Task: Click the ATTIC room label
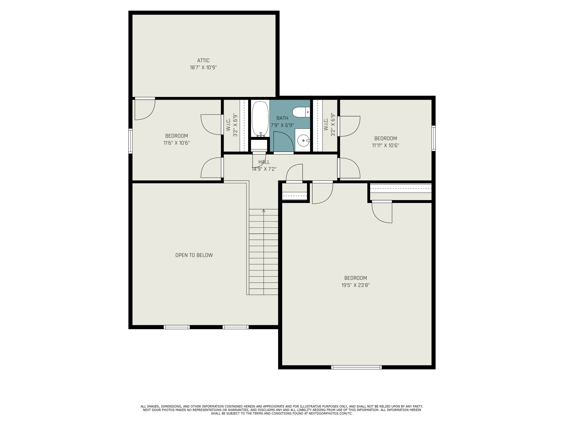[x=203, y=61]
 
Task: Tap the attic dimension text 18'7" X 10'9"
[x=203, y=67]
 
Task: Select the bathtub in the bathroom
[x=260, y=119]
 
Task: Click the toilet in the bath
[x=301, y=112]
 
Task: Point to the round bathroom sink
[x=303, y=141]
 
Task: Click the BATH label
[x=282, y=118]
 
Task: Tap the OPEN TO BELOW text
[x=194, y=255]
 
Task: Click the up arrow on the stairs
[x=264, y=211]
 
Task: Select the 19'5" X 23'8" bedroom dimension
[x=356, y=285]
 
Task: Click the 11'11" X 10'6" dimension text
[x=386, y=145]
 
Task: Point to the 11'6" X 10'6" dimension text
[x=177, y=143]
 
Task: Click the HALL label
[x=264, y=162]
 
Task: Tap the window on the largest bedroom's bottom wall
[x=356, y=367]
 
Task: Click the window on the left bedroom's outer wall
[x=131, y=141]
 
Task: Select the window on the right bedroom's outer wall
[x=433, y=138]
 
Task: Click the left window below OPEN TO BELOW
[x=177, y=327]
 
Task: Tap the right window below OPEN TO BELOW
[x=235, y=327]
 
